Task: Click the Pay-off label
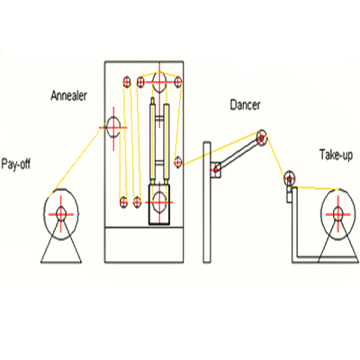[16, 165]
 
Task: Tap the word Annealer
[69, 95]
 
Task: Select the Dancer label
[245, 105]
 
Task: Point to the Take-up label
[336, 155]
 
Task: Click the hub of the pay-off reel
[61, 214]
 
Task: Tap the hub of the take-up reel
[338, 214]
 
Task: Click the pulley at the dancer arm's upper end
[262, 138]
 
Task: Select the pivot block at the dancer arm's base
[216, 170]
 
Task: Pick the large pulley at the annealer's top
[159, 82]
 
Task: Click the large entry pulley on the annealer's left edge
[113, 127]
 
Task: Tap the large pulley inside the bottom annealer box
[159, 202]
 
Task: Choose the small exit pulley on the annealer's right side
[178, 162]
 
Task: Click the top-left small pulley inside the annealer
[127, 82]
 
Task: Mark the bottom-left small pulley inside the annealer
[123, 202]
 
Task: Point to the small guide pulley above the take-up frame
[290, 178]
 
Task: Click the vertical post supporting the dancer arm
[207, 202]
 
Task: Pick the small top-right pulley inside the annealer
[178, 82]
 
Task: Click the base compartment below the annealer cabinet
[144, 245]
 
